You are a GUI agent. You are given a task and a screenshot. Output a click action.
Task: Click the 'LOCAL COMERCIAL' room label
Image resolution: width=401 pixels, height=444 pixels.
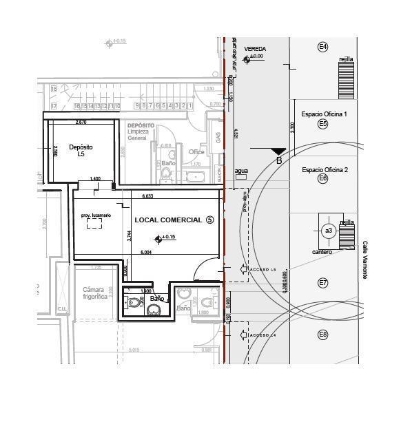pos(168,220)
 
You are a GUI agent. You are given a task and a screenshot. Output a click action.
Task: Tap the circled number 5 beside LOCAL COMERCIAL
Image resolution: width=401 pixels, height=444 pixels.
pos(210,220)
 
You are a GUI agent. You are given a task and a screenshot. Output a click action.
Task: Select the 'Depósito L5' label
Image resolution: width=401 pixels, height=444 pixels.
pos(81,151)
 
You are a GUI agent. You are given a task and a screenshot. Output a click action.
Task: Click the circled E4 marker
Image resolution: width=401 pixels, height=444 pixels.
pos(322,47)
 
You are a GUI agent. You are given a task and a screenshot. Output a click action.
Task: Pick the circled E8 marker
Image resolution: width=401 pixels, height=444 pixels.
pos(322,335)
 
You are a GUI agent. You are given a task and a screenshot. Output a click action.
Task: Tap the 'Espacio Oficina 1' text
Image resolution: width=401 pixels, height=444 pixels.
pos(325,113)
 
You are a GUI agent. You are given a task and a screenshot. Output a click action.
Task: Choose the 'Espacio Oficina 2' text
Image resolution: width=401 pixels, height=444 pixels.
pos(325,169)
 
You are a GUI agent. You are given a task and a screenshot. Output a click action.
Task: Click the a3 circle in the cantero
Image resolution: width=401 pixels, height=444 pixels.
pos(329,231)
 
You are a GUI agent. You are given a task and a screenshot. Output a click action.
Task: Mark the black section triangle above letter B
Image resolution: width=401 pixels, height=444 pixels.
pos(278,151)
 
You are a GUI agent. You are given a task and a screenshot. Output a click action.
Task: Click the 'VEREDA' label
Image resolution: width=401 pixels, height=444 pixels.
pos(255,50)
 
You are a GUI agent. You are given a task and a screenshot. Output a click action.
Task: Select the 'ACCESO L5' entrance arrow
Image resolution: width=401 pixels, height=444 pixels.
pos(243,269)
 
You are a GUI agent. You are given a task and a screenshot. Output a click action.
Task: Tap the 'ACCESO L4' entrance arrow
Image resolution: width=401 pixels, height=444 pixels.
pos(243,335)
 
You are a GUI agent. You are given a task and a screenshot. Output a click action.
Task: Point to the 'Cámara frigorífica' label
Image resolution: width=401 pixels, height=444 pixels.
pos(94,293)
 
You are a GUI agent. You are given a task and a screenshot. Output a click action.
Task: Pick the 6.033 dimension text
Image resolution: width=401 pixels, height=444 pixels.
pos(147,197)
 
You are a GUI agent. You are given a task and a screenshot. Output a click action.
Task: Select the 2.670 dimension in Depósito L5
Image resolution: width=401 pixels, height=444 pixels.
pos(81,123)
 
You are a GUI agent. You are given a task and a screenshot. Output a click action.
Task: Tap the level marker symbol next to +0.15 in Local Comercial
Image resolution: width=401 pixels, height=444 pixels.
pos(158,239)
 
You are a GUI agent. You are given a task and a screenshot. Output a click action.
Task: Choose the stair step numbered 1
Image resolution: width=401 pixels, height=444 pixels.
pos(190,106)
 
